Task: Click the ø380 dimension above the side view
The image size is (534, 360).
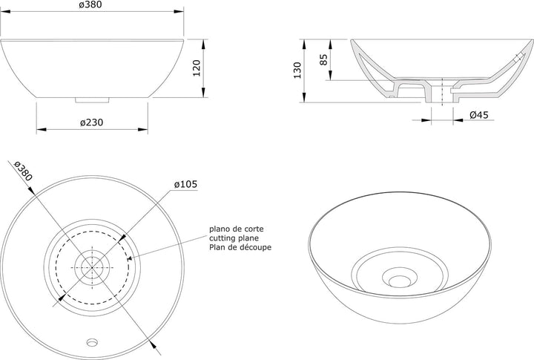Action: click(90, 4)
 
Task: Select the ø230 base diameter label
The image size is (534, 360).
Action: click(92, 122)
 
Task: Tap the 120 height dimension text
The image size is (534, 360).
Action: click(197, 68)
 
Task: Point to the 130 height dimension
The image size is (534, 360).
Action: click(297, 71)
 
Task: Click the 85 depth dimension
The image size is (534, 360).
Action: click(324, 59)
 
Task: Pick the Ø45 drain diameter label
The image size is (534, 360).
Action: click(479, 115)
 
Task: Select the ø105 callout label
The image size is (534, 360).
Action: click(185, 184)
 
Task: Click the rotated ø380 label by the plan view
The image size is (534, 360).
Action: click(23, 171)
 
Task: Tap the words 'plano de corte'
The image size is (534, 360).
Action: click(237, 229)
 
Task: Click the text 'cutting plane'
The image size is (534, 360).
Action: click(234, 238)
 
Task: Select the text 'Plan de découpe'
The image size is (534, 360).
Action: click(240, 247)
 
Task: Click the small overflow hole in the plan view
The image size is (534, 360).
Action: click(92, 341)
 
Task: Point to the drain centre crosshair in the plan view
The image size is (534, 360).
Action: click(92, 267)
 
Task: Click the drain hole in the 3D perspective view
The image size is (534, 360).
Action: click(400, 281)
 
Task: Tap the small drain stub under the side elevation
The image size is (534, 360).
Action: click(92, 100)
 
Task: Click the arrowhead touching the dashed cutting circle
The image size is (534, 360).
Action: click(129, 259)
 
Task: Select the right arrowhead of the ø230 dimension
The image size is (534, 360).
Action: click(143, 129)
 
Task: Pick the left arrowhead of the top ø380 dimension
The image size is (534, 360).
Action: click(6, 11)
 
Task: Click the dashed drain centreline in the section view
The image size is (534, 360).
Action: click(442, 92)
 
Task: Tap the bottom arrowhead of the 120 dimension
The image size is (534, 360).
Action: click(203, 92)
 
